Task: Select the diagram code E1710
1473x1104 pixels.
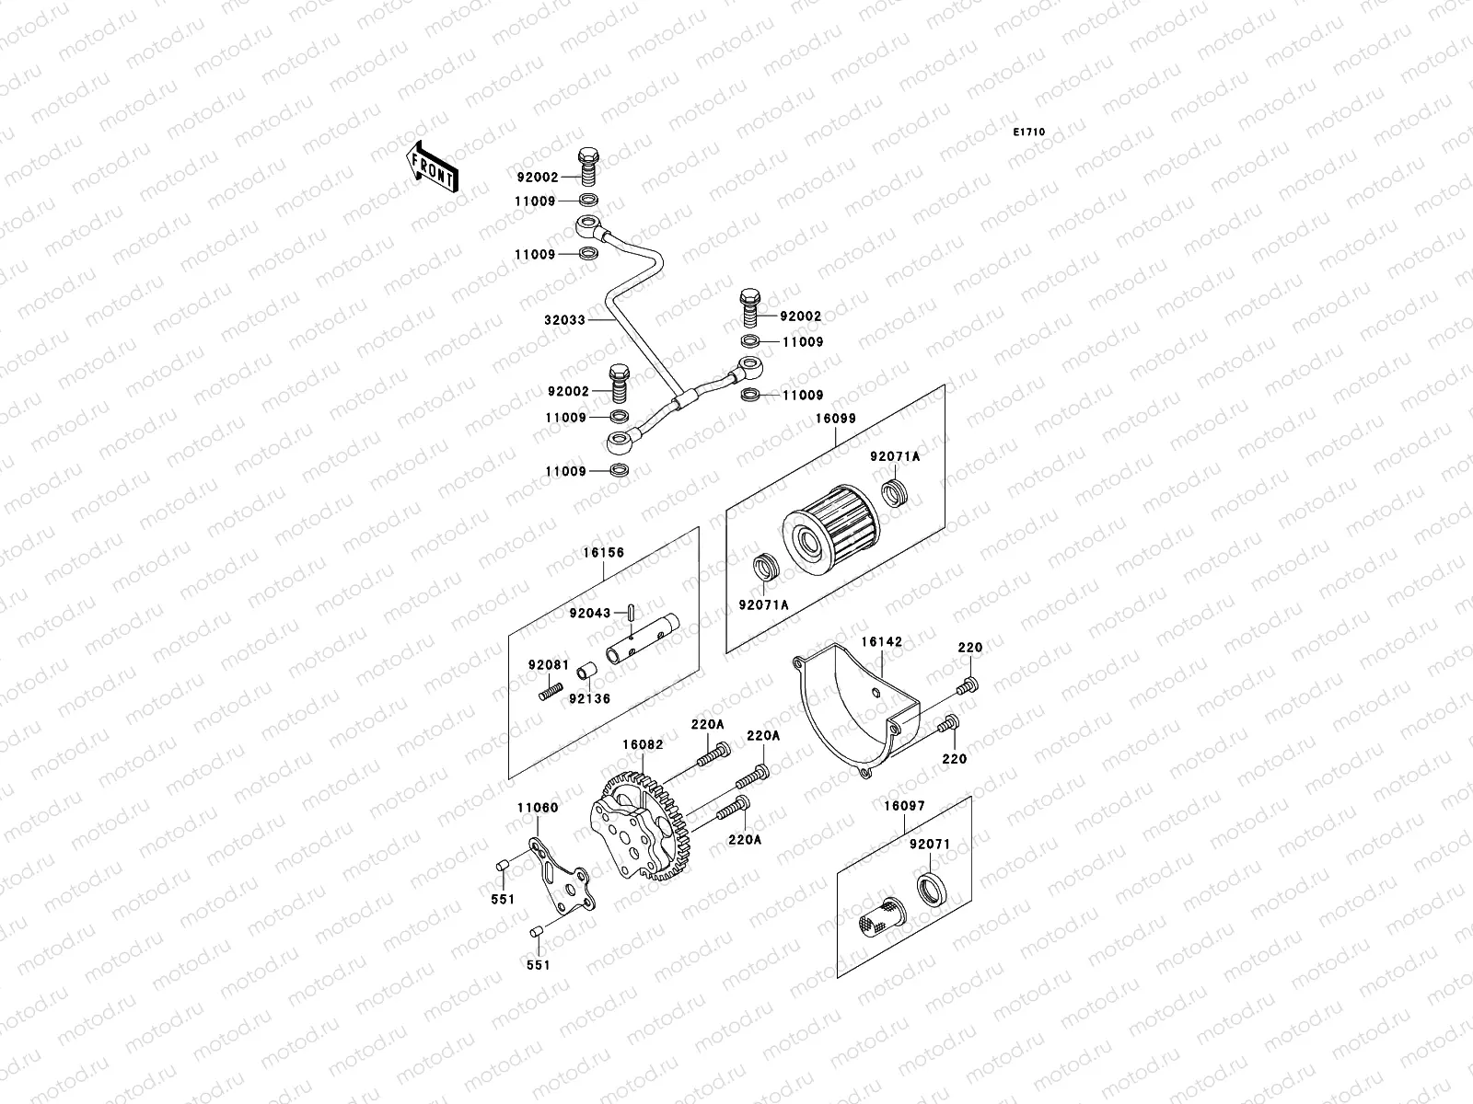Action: point(1029,132)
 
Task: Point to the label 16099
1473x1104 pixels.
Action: point(835,419)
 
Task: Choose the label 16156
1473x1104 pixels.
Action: point(603,553)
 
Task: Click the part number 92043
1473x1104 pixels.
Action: point(590,614)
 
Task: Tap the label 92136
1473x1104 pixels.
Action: point(590,698)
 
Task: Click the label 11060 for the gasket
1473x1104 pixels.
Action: point(537,808)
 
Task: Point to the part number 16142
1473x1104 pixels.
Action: point(881,641)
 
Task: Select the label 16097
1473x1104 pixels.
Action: point(904,806)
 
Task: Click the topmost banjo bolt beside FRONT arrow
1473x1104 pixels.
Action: point(590,166)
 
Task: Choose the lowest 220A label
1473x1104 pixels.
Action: point(744,839)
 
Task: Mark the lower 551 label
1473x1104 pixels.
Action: point(539,965)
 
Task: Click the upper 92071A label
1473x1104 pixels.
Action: point(896,456)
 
